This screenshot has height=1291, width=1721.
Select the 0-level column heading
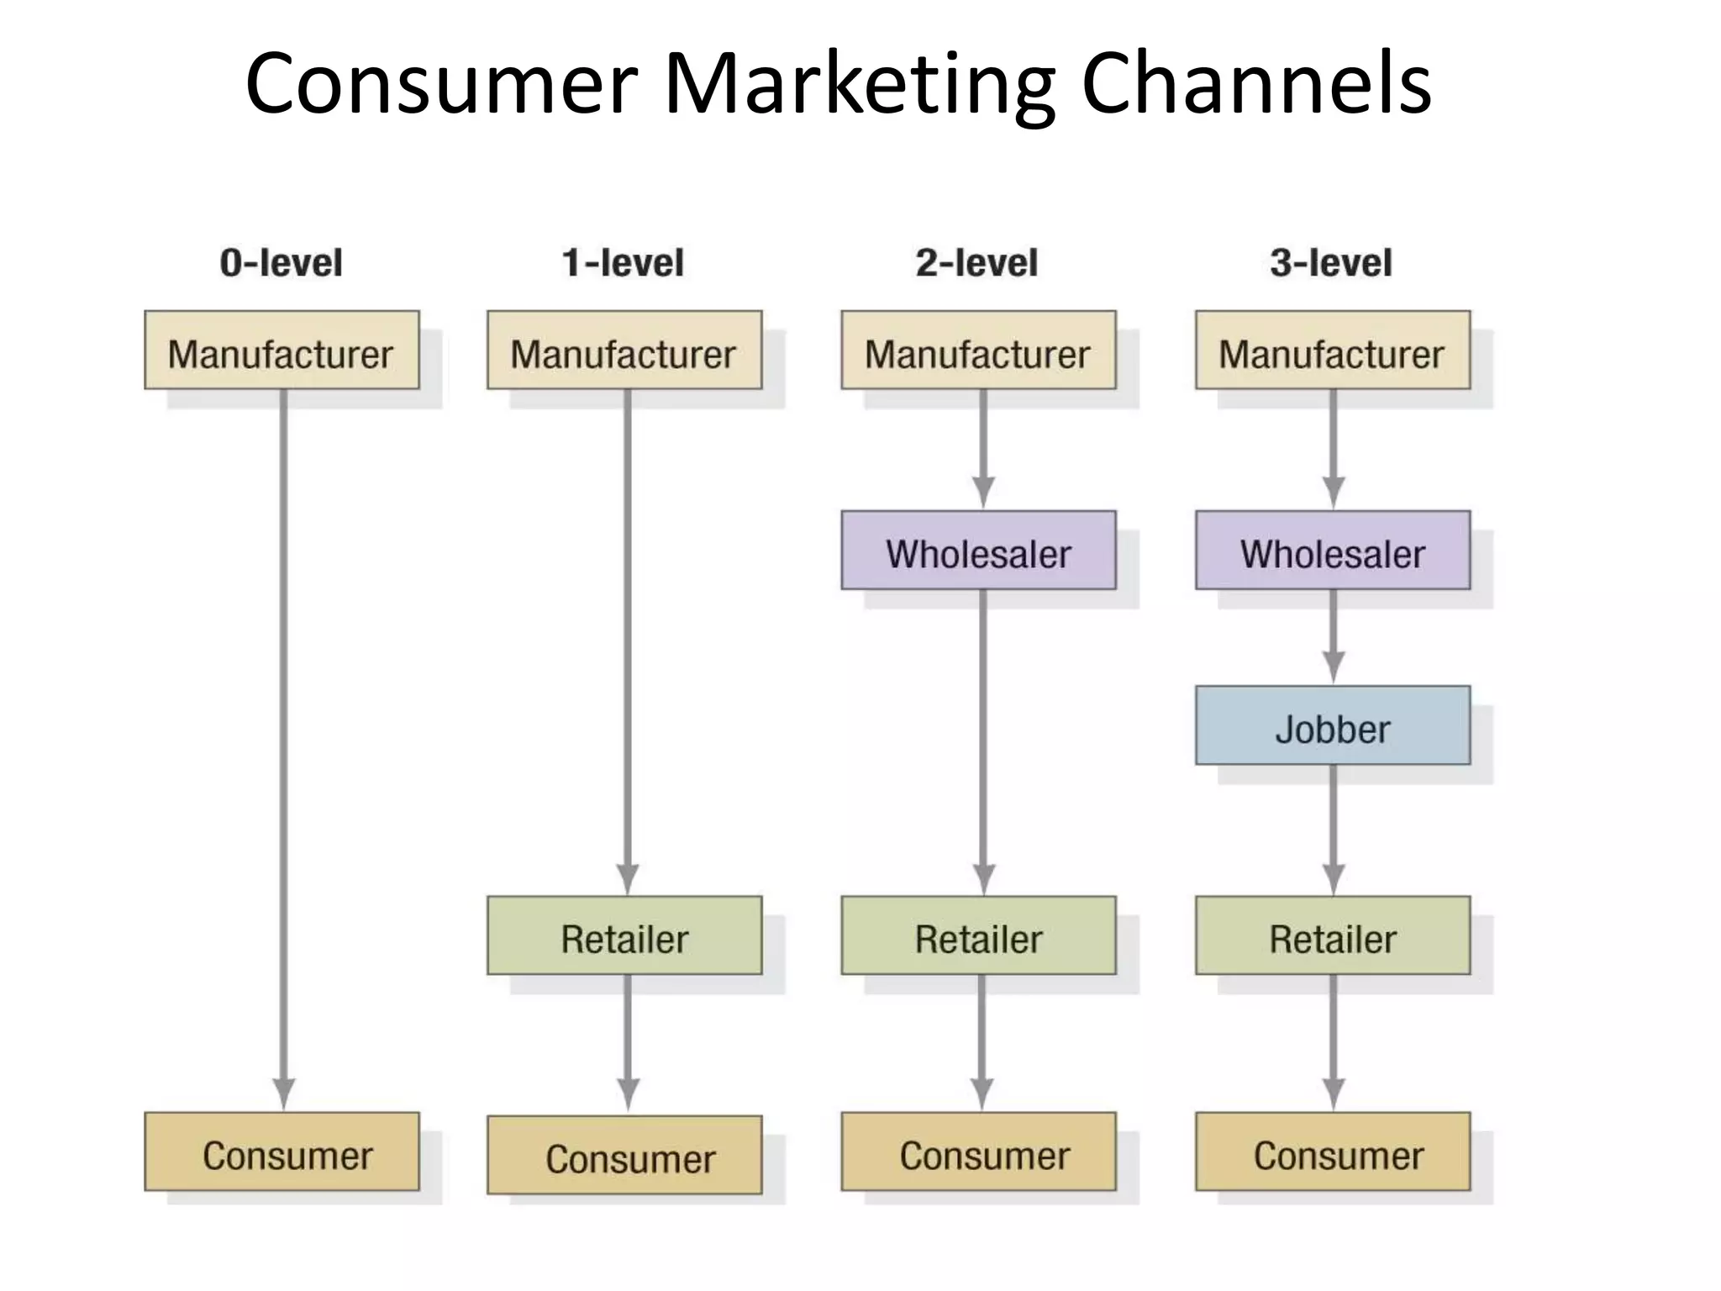click(281, 263)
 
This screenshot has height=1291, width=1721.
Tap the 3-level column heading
click(1331, 263)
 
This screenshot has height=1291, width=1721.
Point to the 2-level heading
click(976, 263)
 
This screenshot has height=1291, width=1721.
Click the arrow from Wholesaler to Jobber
click(1334, 636)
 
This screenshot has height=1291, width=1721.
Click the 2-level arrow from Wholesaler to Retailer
click(983, 740)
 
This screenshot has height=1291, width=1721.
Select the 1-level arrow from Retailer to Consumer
click(628, 1042)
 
